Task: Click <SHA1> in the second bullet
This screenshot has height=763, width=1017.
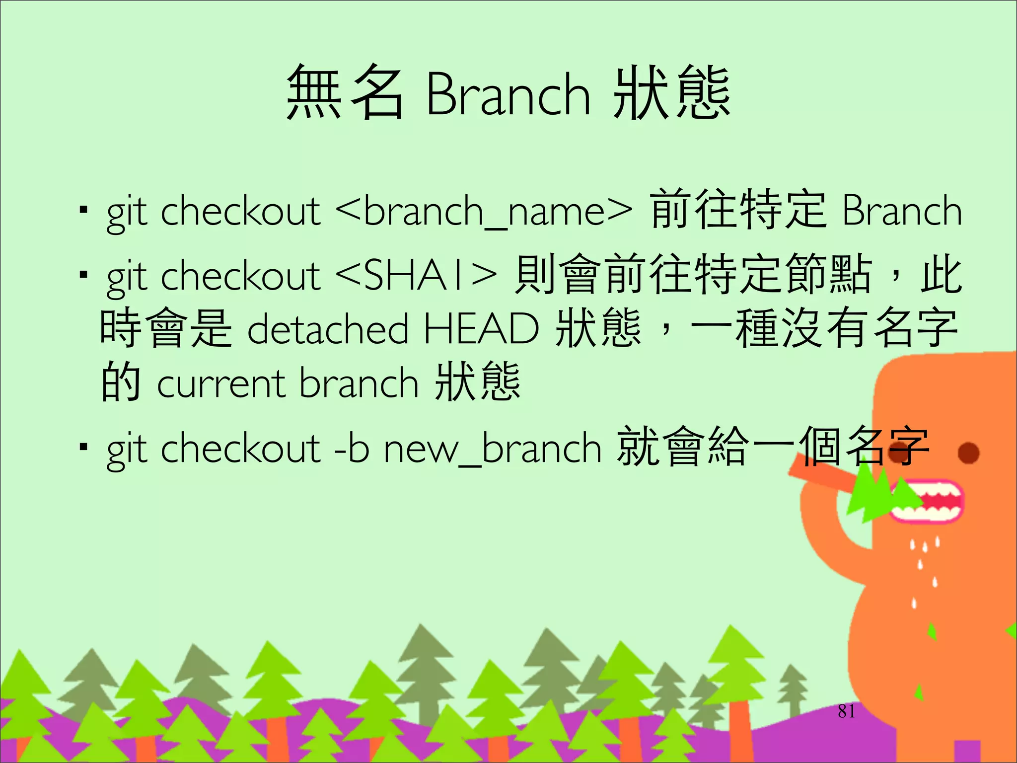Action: pyautogui.click(x=416, y=276)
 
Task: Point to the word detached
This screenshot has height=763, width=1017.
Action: pyautogui.click(x=328, y=329)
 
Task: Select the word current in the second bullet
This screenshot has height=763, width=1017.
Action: pyautogui.click(x=221, y=384)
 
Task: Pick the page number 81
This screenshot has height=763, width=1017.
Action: pyautogui.click(x=846, y=711)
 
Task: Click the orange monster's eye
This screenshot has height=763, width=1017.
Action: pyautogui.click(x=968, y=453)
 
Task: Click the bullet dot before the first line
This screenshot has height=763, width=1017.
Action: pyautogui.click(x=83, y=210)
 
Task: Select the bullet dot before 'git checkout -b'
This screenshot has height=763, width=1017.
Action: pyautogui.click(x=83, y=447)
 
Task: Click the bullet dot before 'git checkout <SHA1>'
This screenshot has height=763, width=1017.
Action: pyautogui.click(x=83, y=274)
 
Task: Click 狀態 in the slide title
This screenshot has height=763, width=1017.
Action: pyautogui.click(x=671, y=93)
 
